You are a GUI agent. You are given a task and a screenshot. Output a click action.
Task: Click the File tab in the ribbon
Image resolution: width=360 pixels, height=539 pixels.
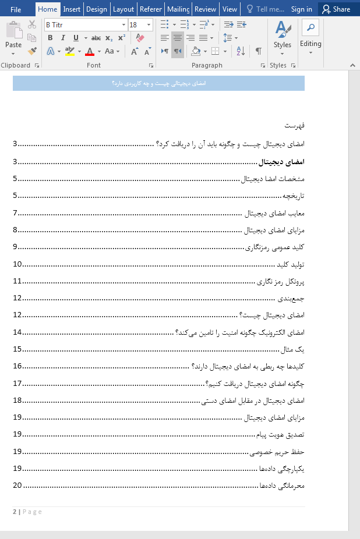tap(16, 9)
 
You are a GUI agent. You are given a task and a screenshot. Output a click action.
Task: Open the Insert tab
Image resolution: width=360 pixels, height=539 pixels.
tap(72, 9)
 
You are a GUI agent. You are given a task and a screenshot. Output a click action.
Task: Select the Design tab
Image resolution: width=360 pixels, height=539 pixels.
tap(97, 9)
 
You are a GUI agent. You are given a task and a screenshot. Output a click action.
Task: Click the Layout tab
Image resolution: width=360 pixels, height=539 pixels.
tap(123, 9)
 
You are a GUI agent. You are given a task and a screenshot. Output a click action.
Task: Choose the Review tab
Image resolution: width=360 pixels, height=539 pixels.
tap(205, 9)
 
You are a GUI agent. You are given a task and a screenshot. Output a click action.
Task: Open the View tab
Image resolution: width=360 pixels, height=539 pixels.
tap(230, 9)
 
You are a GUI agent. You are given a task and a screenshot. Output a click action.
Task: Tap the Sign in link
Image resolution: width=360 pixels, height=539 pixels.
tap(301, 9)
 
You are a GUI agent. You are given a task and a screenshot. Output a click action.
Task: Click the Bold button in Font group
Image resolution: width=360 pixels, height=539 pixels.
tap(50, 38)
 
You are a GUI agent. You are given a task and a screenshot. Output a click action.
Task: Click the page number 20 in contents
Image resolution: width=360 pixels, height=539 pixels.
tap(17, 485)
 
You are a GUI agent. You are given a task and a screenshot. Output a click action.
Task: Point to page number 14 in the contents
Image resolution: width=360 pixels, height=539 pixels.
tap(17, 332)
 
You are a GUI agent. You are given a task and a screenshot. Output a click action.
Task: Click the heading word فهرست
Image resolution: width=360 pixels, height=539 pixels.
tap(294, 126)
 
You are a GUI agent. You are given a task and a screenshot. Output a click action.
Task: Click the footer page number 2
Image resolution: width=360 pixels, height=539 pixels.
tap(15, 512)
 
